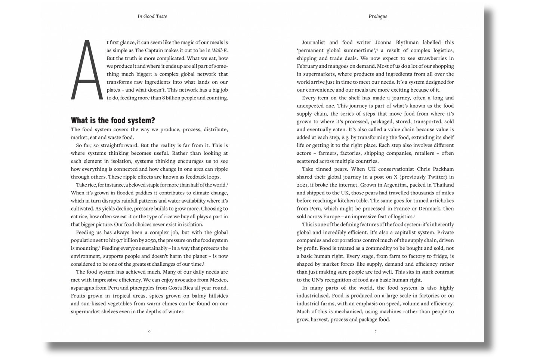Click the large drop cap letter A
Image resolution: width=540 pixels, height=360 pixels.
[x=87, y=70]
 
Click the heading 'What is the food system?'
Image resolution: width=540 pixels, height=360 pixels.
[x=113, y=120]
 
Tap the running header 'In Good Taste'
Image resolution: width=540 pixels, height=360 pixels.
[x=152, y=16]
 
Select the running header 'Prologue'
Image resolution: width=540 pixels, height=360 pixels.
[x=378, y=16]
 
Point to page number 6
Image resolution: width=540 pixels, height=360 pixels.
[x=149, y=331]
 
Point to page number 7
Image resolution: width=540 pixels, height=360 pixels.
[x=375, y=331]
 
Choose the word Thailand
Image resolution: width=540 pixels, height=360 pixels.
[x=443, y=185]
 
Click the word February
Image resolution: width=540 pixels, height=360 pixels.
[x=308, y=66]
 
